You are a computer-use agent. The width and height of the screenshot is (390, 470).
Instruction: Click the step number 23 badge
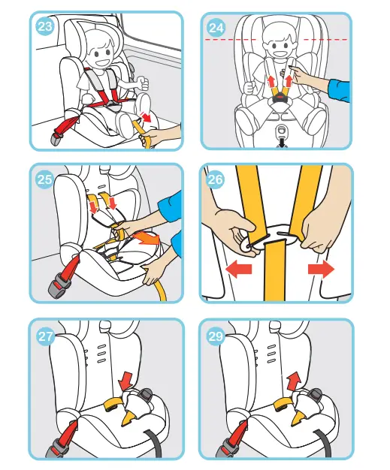pyautogui.click(x=44, y=26)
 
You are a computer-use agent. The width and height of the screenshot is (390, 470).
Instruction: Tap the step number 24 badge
pyautogui.click(x=216, y=28)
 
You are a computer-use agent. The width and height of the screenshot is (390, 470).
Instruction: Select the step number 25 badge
pyautogui.click(x=44, y=179)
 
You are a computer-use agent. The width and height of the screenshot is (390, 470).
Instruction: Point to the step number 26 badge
pyautogui.click(x=216, y=179)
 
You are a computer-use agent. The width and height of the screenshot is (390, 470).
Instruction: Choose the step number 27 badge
pyautogui.click(x=45, y=336)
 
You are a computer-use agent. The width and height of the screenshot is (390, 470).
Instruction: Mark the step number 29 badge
pyautogui.click(x=216, y=336)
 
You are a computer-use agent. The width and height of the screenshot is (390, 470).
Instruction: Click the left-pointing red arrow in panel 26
pyautogui.click(x=238, y=270)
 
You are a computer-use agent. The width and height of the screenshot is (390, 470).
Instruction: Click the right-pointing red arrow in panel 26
pyautogui.click(x=321, y=270)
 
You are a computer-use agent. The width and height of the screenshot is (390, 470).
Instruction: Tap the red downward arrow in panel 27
pyautogui.click(x=125, y=381)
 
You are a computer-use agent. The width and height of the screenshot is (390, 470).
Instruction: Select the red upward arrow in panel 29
pyautogui.click(x=295, y=381)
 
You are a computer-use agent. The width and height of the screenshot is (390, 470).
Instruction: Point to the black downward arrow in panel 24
pyautogui.click(x=283, y=143)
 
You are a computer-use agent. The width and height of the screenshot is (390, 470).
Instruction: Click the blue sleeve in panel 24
pyautogui.click(x=340, y=90)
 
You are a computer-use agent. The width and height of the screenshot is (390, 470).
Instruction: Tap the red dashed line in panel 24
pyautogui.click(x=276, y=40)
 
